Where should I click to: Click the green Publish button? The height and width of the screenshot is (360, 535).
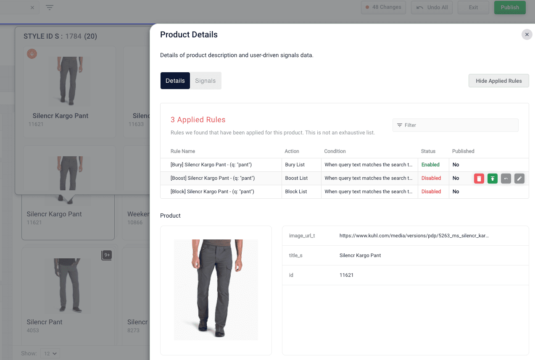(x=510, y=8)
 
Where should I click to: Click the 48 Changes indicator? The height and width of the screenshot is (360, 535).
(x=383, y=8)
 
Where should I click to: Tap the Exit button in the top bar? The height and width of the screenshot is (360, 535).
(x=473, y=8)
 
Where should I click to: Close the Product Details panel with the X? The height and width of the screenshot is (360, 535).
(x=527, y=34)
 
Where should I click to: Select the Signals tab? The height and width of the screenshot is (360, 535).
(x=205, y=81)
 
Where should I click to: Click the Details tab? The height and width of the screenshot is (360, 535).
(x=175, y=81)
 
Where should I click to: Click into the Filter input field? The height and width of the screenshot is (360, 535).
(x=458, y=125)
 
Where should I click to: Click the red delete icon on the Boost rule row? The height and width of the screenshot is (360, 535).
(x=479, y=179)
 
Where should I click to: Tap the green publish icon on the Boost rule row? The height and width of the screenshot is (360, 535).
(x=492, y=179)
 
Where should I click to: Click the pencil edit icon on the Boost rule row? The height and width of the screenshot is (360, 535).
(x=519, y=179)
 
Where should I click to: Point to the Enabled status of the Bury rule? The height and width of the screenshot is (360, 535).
(x=430, y=165)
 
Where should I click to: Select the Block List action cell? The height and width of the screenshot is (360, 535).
(x=296, y=192)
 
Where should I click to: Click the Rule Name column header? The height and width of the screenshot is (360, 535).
(x=183, y=151)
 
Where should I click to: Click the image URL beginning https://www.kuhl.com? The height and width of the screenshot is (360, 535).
(x=414, y=236)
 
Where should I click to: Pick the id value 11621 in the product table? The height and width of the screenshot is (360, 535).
(x=347, y=275)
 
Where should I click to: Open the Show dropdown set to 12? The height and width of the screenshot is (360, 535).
(x=50, y=354)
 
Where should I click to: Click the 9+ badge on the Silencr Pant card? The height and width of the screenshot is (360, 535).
(x=107, y=255)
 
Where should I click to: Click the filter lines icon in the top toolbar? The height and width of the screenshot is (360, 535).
(x=50, y=8)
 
